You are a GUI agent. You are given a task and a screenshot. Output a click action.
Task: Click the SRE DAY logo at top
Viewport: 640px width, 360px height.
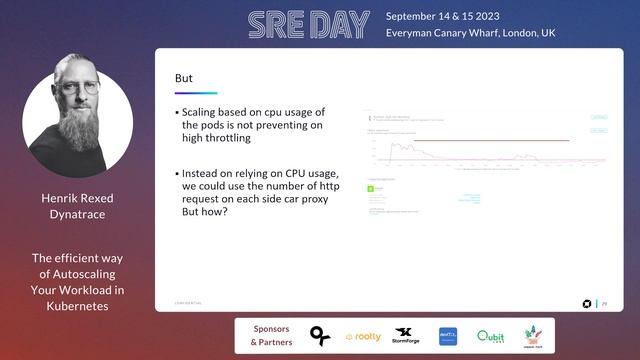pos(300,25)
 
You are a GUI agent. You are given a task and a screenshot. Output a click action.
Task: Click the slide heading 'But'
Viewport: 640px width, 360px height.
pos(183,78)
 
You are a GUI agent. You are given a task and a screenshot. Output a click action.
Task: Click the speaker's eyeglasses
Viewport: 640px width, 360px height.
pos(77,87)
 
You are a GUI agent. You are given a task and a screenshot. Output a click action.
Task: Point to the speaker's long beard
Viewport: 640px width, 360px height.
pos(78,125)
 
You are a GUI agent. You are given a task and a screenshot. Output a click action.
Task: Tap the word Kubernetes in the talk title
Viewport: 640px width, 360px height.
pos(77,306)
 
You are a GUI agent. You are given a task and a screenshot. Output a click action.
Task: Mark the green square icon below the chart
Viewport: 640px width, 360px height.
pos(371,186)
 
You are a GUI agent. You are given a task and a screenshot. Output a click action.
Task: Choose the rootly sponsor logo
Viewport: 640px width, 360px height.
pos(362,337)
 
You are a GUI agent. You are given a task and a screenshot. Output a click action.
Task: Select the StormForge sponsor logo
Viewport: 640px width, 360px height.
pos(405,335)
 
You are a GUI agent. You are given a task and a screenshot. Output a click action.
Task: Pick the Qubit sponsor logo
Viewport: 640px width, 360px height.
pos(490,336)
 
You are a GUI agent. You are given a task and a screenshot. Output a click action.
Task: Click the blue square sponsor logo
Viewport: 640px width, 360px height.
pos(448,336)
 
